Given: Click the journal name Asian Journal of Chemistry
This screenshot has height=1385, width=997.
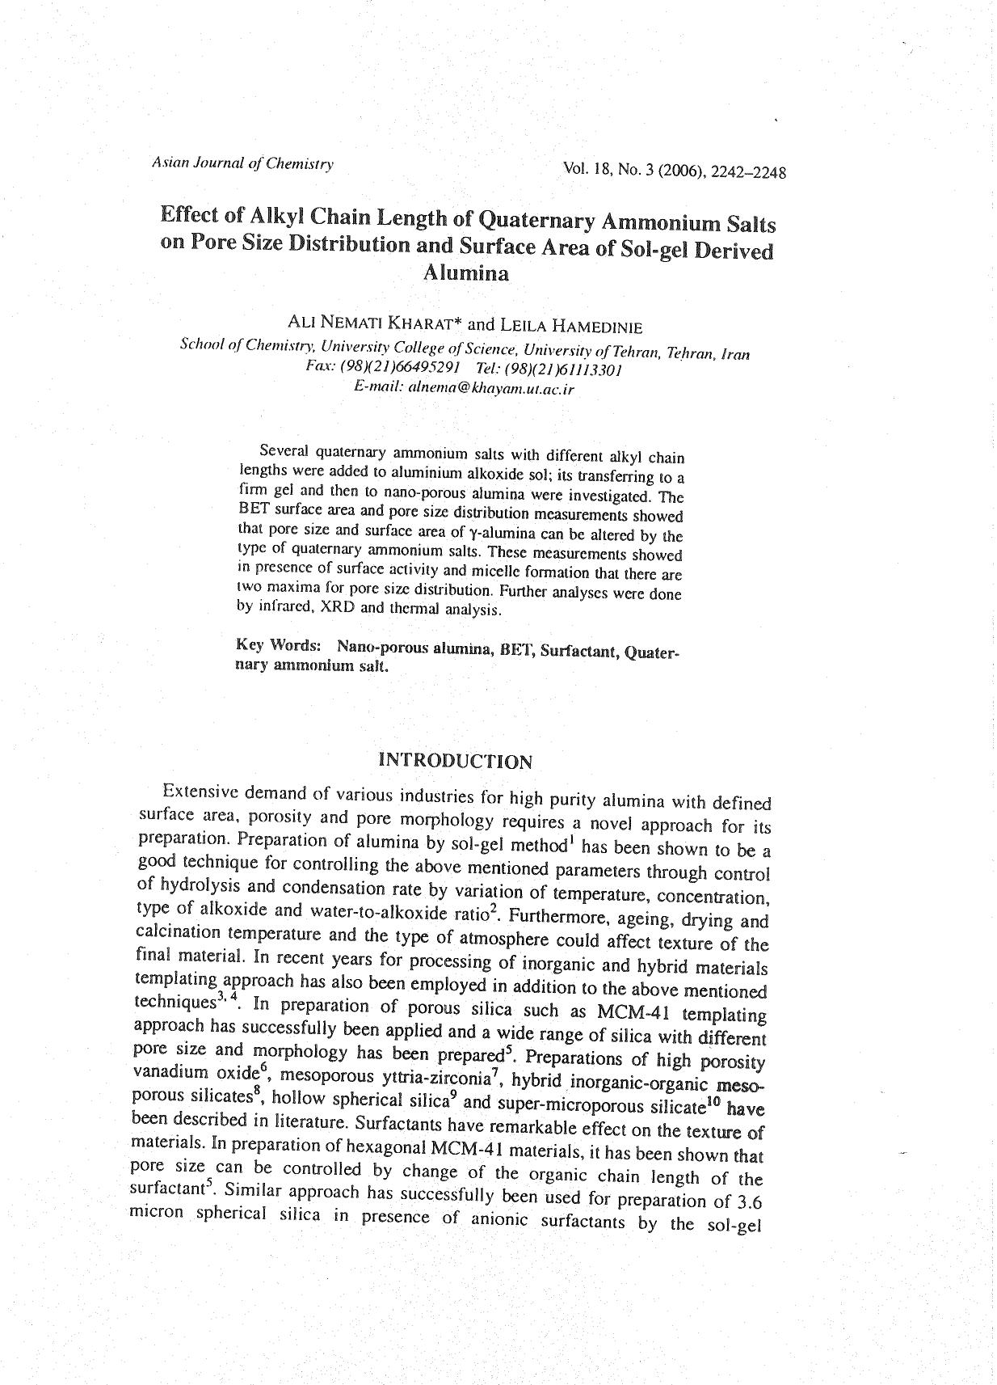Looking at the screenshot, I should (x=242, y=163).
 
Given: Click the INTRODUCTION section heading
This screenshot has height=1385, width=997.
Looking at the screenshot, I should (x=456, y=761).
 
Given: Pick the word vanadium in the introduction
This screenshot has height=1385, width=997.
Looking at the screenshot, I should (x=169, y=1072).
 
